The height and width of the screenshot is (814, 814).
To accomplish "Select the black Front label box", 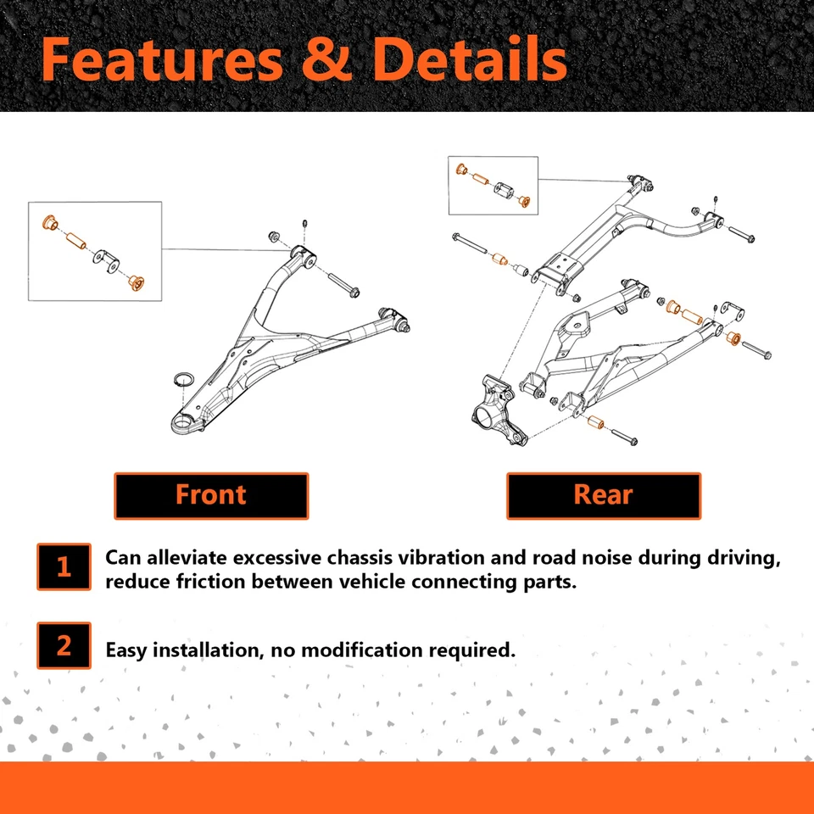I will tap(211, 495).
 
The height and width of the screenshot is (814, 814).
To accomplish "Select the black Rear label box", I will tap(603, 495).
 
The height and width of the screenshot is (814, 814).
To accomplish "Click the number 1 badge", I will tap(64, 566).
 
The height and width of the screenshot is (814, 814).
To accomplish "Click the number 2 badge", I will tap(64, 646).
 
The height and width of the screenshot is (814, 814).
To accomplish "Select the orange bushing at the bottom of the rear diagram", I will tap(596, 422).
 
